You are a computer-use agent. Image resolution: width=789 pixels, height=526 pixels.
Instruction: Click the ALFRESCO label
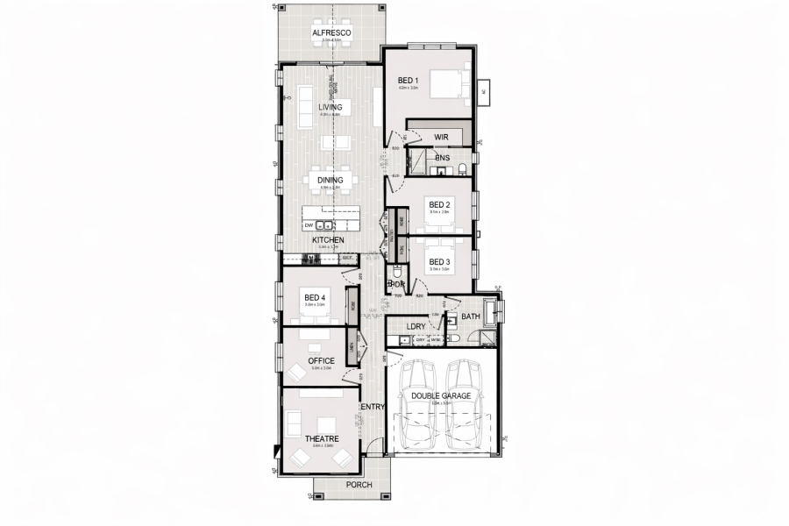[x=331, y=33]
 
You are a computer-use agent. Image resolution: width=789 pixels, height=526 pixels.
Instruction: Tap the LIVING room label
[x=331, y=108]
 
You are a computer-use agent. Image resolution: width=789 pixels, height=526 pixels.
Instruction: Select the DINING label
[x=331, y=181]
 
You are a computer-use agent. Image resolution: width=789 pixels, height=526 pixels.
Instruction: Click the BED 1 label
[x=409, y=81]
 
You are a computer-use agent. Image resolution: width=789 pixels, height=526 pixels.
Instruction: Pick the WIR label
[x=442, y=137]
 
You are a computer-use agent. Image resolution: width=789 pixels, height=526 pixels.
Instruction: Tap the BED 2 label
[x=439, y=205]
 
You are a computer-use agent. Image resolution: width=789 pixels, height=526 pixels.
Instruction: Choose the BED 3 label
[x=439, y=262]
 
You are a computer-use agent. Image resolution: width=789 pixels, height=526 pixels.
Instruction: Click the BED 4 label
[x=315, y=298]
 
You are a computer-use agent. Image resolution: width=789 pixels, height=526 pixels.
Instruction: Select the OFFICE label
[x=321, y=360]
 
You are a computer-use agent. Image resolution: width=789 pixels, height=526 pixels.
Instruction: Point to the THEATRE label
[x=321, y=438]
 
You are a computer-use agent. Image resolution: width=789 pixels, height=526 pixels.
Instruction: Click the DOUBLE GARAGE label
[x=441, y=396]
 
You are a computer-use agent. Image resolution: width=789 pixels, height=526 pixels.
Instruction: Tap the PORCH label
[x=359, y=485]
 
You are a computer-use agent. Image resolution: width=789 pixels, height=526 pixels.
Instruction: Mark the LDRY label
[x=416, y=326]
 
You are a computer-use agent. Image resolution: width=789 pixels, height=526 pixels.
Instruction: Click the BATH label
[x=471, y=316]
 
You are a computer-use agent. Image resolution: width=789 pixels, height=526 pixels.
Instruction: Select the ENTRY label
[x=373, y=407]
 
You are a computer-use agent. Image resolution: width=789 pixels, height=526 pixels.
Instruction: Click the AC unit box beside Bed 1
[x=485, y=89]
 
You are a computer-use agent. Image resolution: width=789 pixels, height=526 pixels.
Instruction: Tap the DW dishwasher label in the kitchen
[x=309, y=225]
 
